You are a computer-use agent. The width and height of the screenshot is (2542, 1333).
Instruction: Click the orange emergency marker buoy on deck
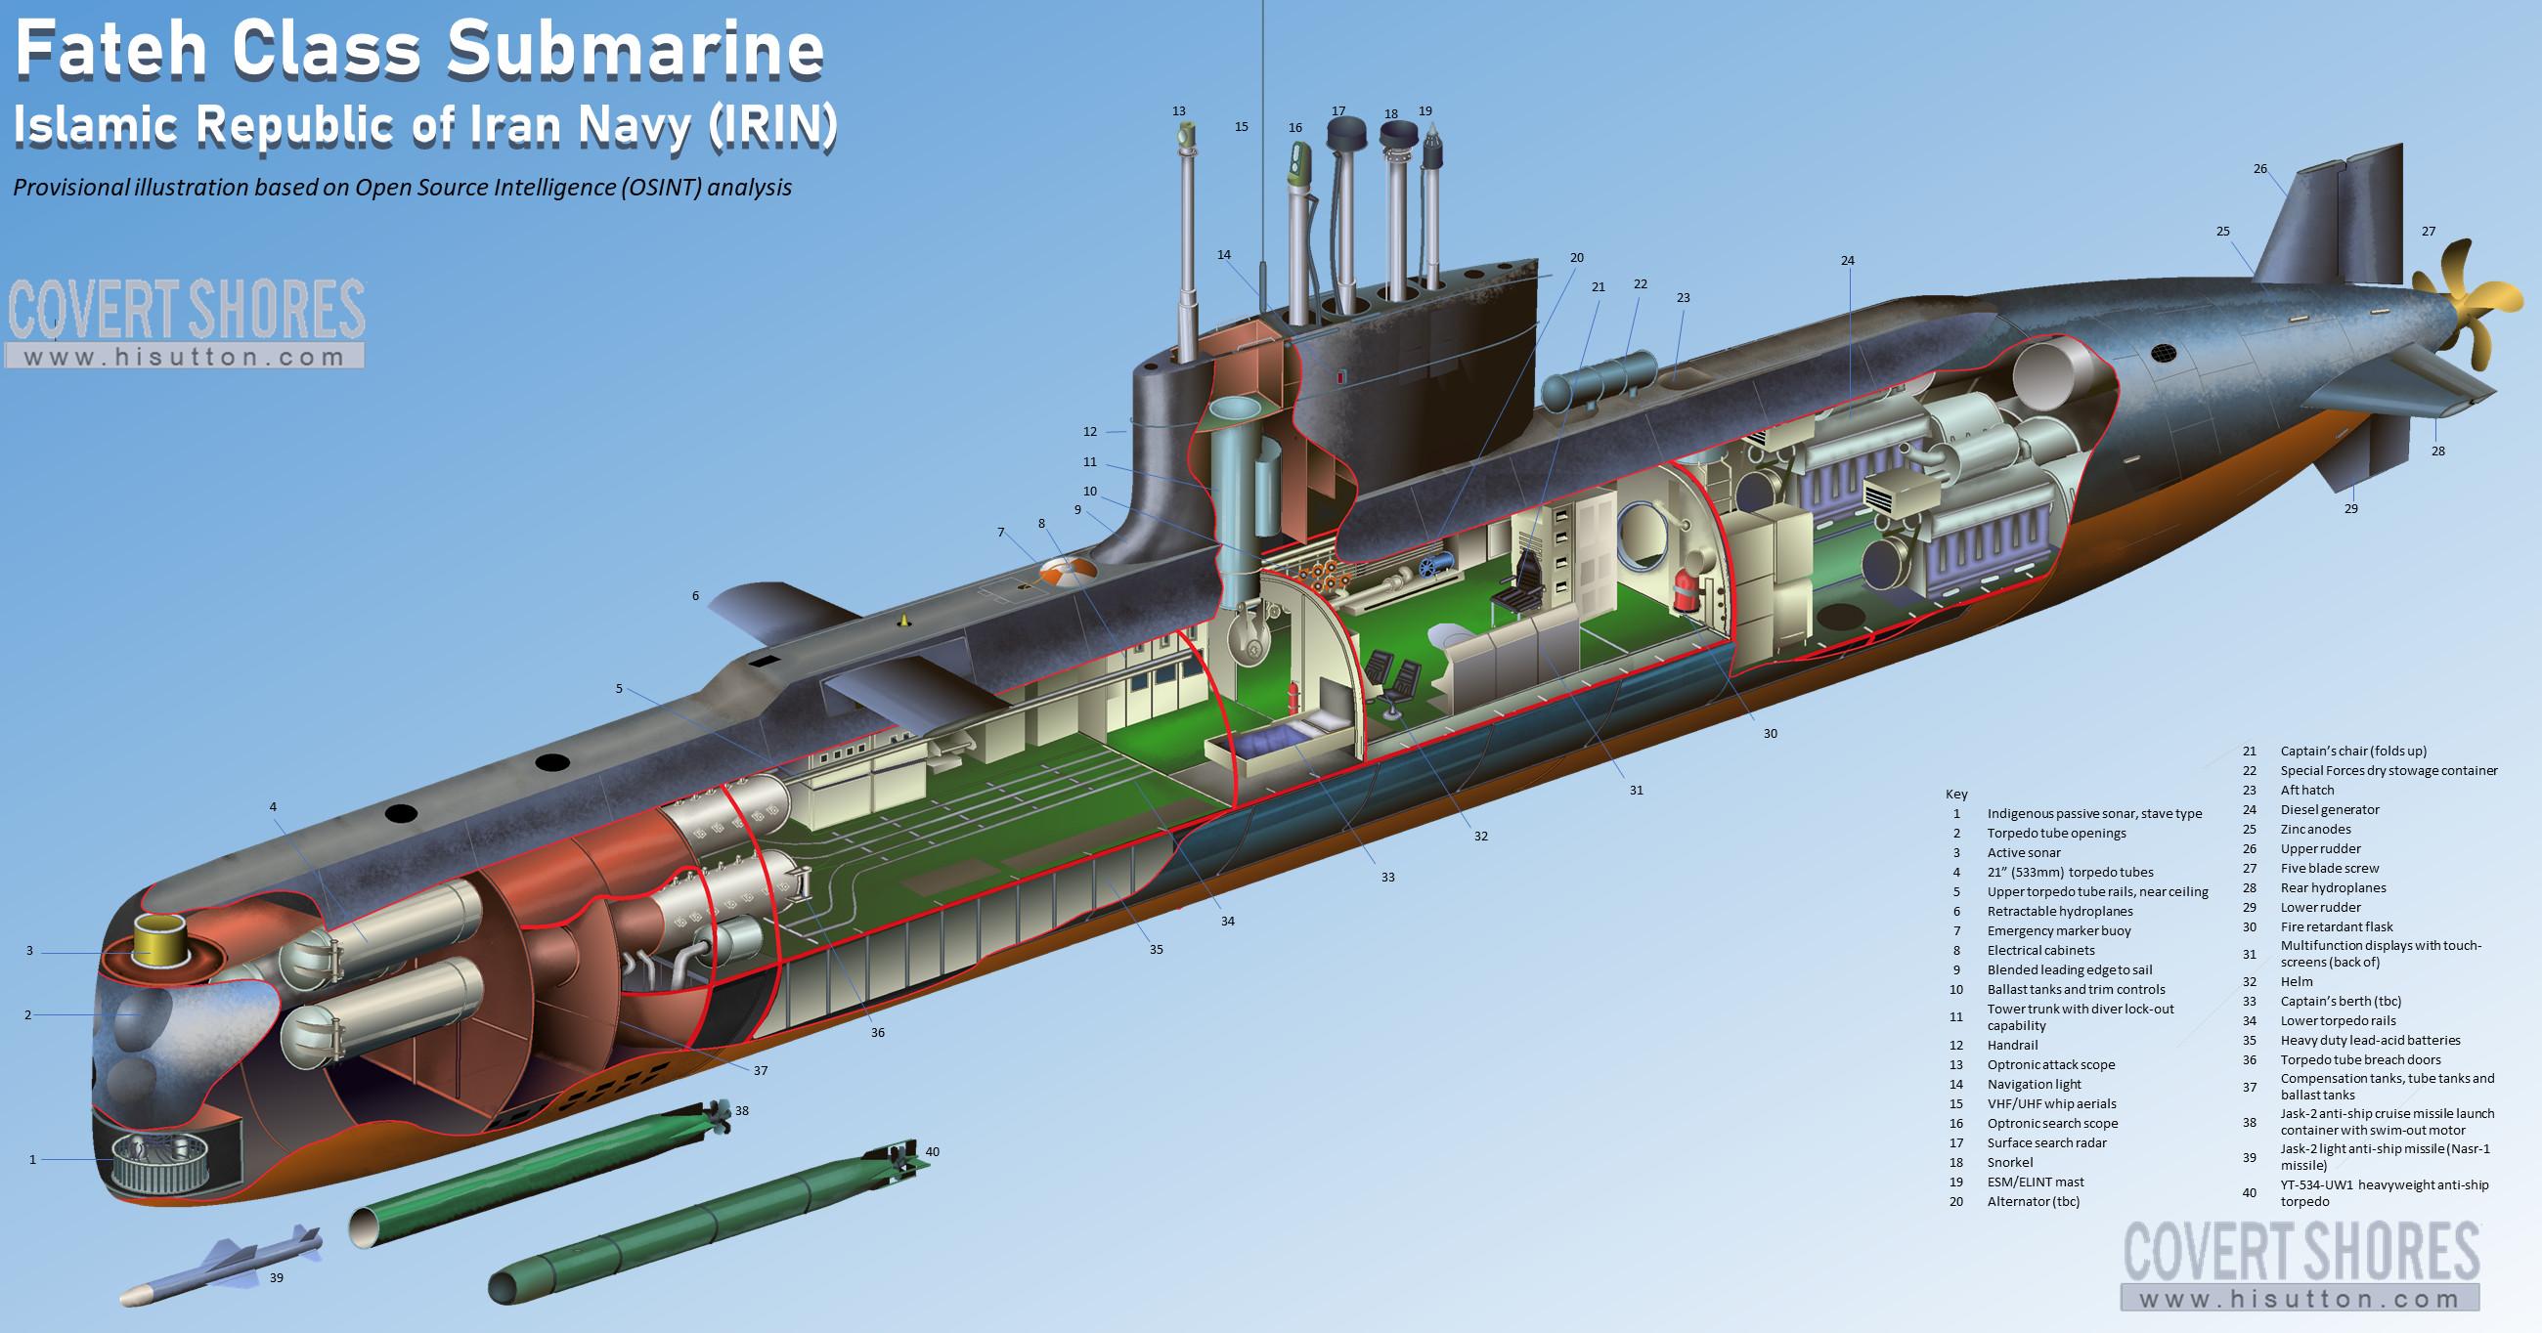(x=1069, y=573)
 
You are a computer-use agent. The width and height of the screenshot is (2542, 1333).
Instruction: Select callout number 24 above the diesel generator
(x=1847, y=261)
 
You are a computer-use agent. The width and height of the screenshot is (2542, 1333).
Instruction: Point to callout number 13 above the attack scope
(x=1178, y=111)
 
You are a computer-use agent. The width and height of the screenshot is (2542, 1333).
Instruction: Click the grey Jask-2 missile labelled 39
(x=221, y=1266)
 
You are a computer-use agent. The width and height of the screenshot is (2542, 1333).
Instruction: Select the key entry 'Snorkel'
(x=2010, y=1162)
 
